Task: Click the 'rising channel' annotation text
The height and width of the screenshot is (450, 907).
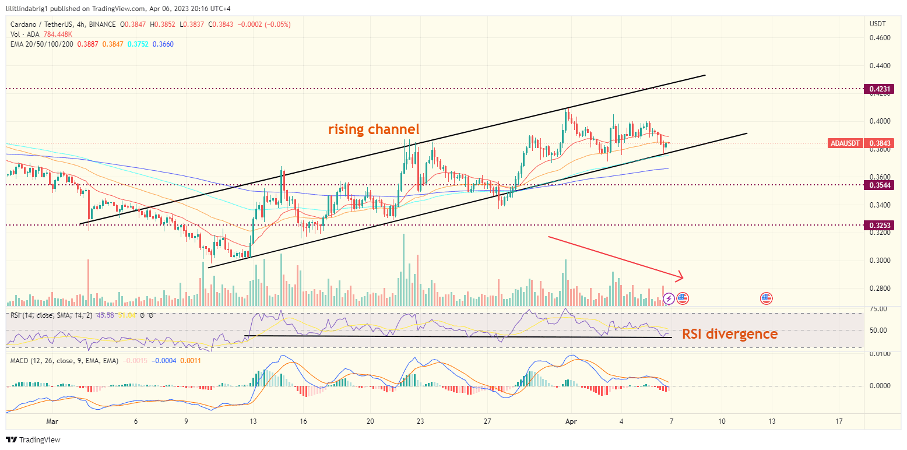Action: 374,129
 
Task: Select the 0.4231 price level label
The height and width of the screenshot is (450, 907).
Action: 878,89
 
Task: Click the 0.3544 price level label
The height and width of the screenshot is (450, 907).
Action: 878,185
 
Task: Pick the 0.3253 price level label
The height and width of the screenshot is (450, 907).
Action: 878,225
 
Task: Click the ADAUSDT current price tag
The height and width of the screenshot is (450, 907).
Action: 862,143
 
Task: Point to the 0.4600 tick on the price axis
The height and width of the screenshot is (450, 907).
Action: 880,37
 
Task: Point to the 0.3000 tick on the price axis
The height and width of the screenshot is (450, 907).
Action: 880,261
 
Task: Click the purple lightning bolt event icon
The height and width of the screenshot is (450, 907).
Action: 669,298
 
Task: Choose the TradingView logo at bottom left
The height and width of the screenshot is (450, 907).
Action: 33,440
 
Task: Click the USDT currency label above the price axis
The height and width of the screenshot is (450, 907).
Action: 877,24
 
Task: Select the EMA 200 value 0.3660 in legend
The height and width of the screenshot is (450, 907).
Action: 163,44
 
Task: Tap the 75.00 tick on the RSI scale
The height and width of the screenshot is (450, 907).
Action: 879,308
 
